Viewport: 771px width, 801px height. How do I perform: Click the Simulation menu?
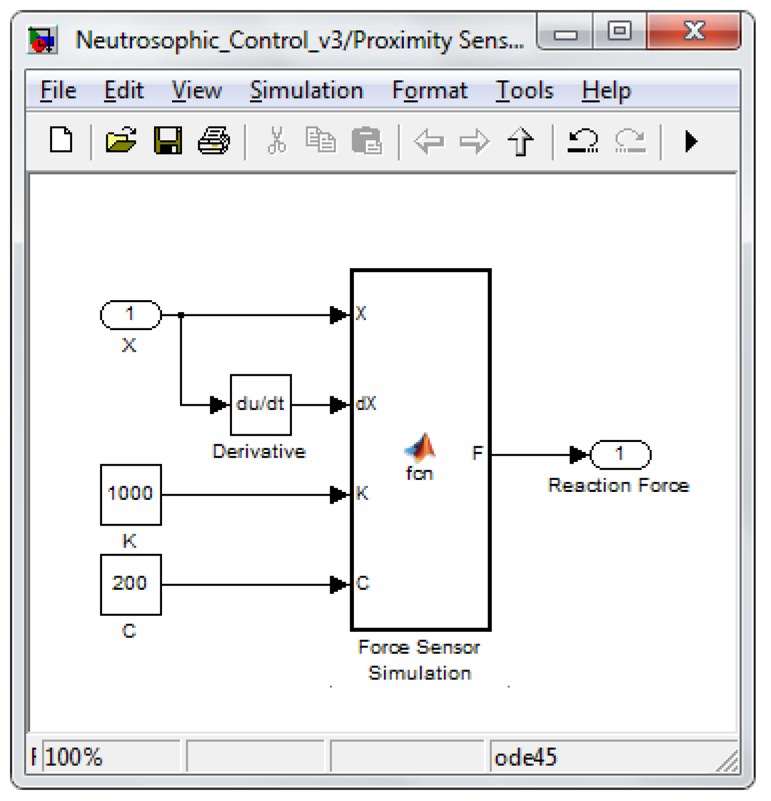coord(307,91)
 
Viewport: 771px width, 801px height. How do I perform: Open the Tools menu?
coord(524,91)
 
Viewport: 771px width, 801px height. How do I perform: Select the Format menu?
coord(430,91)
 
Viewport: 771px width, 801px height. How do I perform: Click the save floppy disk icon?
coord(168,140)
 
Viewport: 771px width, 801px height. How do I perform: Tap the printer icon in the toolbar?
coord(214,140)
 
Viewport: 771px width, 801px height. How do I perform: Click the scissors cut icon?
coord(277,140)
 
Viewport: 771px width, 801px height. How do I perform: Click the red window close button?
coord(694,31)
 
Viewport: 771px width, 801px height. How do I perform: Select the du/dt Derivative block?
coord(260,405)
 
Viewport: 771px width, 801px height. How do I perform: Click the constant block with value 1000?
coord(130,494)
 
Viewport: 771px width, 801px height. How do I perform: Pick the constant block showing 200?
coord(130,584)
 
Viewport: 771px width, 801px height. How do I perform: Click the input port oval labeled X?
coord(130,315)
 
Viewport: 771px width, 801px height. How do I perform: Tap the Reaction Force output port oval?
coord(621,454)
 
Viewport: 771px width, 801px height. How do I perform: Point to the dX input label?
coord(366,404)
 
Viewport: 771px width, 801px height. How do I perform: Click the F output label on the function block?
coord(477,453)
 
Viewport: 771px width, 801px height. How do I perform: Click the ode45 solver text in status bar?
coord(525,757)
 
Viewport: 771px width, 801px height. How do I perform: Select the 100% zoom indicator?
coord(74,757)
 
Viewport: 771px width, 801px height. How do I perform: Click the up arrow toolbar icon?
coord(520,141)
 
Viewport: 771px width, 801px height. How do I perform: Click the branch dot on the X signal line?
coord(181,315)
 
